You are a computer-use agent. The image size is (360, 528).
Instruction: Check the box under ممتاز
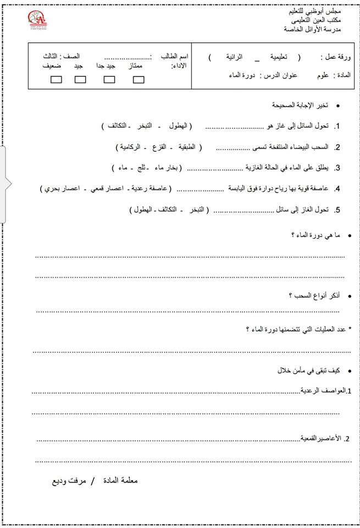click(139, 79)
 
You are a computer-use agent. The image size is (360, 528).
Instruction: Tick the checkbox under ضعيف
click(56, 79)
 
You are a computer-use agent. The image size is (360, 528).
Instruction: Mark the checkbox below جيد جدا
click(109, 79)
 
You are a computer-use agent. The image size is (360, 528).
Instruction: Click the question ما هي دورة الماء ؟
click(315, 235)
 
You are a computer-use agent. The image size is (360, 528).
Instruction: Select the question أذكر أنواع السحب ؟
click(314, 296)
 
